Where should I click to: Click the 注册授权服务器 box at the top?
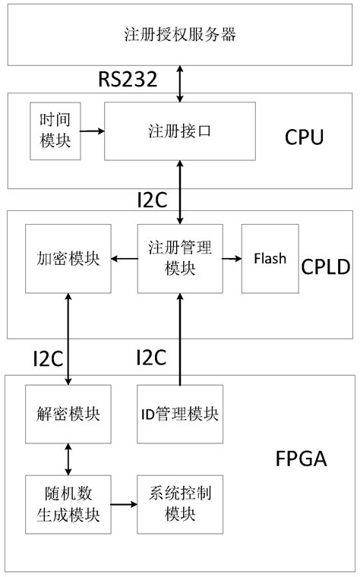click(x=180, y=34)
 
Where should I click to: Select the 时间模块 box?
click(x=55, y=130)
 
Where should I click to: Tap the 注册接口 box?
click(x=179, y=131)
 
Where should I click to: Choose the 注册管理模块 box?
click(x=179, y=259)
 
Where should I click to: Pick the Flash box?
click(x=270, y=259)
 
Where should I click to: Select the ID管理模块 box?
click(x=180, y=415)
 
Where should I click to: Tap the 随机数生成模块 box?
click(x=69, y=503)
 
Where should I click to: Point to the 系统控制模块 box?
click(x=180, y=503)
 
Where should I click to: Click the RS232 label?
click(x=128, y=80)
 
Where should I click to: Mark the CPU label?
click(x=304, y=137)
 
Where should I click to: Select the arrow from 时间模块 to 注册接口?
click(x=92, y=131)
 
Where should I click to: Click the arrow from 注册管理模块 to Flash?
click(x=232, y=259)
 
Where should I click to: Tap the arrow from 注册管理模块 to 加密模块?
click(x=125, y=259)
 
